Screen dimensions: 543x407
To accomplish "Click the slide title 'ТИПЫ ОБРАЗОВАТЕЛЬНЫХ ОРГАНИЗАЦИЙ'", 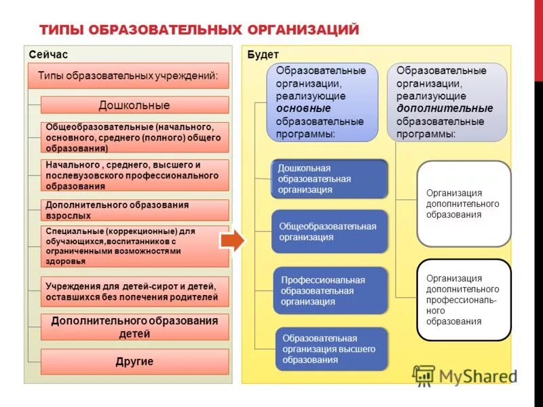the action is pos(199,29).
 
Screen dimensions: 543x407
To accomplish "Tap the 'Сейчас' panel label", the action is pos(48,54).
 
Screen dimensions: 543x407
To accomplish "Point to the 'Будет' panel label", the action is pos(263,54).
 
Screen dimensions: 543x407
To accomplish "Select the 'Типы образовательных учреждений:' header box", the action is pos(128,76).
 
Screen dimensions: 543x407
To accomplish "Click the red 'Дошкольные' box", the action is pos(134,105).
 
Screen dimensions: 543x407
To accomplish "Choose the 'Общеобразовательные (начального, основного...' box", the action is pos(134,137).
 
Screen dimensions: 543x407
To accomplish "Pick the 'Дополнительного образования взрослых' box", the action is pos(134,210).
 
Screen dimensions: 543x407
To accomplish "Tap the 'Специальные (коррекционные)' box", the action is pos(134,246).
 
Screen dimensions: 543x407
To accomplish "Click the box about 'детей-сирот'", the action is pos(134,292).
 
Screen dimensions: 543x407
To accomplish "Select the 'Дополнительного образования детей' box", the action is pos(134,328).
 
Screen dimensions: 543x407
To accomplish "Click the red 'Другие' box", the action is pos(134,362).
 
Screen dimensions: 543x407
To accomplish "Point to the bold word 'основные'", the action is pos(303,109).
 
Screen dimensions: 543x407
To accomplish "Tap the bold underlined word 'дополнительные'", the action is pos(445,109).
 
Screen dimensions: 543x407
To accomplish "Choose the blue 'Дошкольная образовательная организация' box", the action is pos(330,179).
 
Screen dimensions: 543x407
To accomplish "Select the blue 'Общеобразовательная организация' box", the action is pos(330,231).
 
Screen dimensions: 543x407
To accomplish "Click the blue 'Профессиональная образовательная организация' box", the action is pos(330,290).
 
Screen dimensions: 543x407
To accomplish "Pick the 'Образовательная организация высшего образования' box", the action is pos(331,349).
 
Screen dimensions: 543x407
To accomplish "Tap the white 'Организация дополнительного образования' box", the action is pos(464,203).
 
